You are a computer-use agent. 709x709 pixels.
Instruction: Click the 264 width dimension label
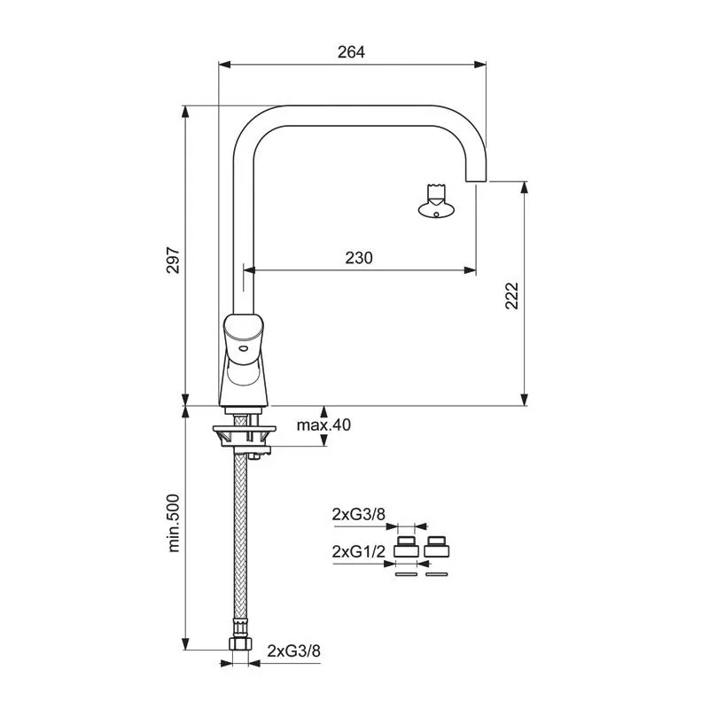(x=351, y=52)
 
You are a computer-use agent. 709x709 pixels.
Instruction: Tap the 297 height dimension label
(x=173, y=260)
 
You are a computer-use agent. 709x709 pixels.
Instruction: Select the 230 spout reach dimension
(x=359, y=258)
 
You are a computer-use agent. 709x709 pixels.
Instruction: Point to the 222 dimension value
(x=511, y=296)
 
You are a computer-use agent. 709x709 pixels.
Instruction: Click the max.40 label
(x=323, y=425)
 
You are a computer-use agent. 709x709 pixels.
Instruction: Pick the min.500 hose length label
(x=174, y=523)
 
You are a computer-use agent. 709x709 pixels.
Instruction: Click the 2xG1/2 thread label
(x=359, y=551)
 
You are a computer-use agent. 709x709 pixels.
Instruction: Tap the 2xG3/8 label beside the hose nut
(x=293, y=651)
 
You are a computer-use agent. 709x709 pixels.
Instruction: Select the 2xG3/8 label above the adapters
(x=359, y=514)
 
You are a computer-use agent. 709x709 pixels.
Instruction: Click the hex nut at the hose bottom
(x=240, y=644)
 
